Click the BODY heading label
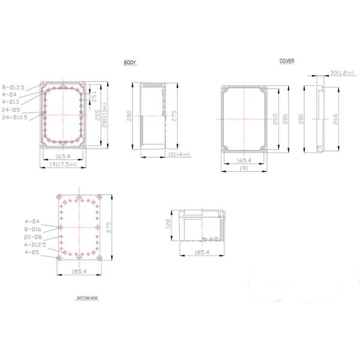[130, 63]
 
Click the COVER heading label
[286, 61]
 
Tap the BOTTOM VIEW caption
[87, 298]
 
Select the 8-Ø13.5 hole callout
[13, 88]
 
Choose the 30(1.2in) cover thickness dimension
[341, 73]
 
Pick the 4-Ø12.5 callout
[34, 245]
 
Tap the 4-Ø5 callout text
[31, 252]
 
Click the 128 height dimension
[169, 224]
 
